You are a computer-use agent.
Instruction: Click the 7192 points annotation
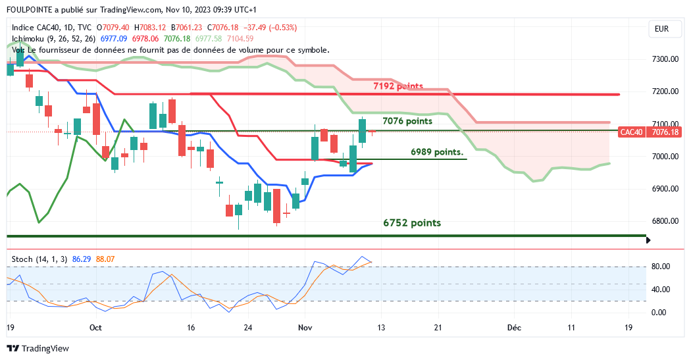pyautogui.click(x=397, y=86)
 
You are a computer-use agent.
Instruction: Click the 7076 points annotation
pyautogui.click(x=407, y=121)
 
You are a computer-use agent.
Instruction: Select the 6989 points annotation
pyautogui.click(x=436, y=152)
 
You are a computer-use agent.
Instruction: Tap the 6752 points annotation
pyautogui.click(x=412, y=223)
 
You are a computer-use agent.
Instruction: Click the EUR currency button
pyautogui.click(x=662, y=29)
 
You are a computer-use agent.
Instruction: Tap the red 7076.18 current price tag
pyautogui.click(x=665, y=132)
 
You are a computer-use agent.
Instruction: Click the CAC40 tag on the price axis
pyautogui.click(x=632, y=132)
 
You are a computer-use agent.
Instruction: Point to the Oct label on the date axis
pyautogui.click(x=96, y=327)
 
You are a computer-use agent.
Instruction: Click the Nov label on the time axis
pyautogui.click(x=305, y=327)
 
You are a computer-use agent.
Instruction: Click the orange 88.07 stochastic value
pyautogui.click(x=105, y=259)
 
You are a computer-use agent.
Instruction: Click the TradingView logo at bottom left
pyautogui.click(x=38, y=348)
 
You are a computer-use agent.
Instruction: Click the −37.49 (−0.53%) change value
pyautogui.click(x=270, y=28)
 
